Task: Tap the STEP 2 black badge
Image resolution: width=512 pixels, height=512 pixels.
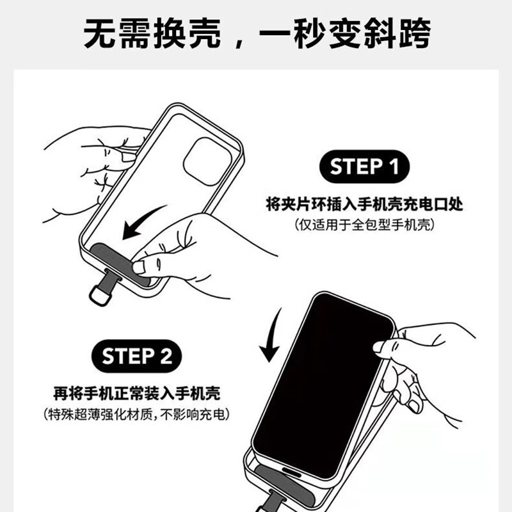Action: [x=137, y=356]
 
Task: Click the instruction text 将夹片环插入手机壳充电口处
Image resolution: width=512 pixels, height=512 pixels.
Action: [x=364, y=205]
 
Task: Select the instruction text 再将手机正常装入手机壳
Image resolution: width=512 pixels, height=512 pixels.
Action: [x=141, y=392]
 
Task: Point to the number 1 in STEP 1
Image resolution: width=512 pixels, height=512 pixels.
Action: [x=393, y=167]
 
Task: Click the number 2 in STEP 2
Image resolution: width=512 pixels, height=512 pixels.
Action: [x=165, y=356]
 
